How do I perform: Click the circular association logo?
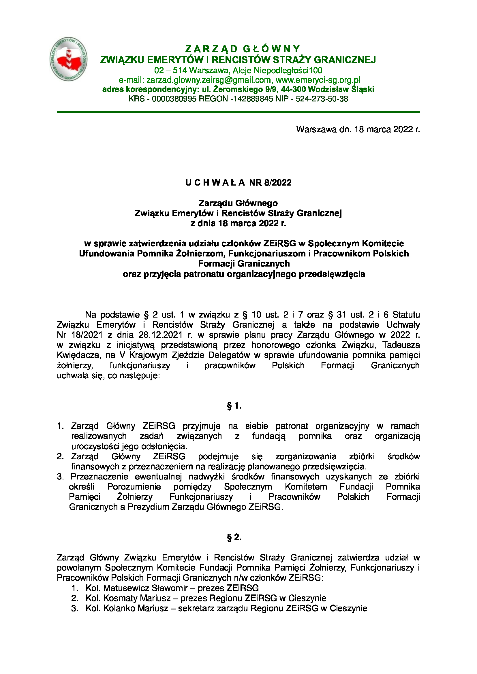pos(68,59)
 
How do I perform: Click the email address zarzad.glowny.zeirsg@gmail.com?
pos(209,80)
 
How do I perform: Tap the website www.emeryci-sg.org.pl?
pos(318,80)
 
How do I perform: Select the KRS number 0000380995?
pos(174,99)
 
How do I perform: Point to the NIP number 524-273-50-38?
pos(322,99)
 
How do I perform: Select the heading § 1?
pos(234,406)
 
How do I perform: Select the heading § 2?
pos(234,537)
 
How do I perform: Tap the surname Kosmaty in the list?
pos(120,598)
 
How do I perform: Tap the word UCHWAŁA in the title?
pos(215,183)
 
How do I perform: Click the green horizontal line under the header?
pos(238,112)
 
